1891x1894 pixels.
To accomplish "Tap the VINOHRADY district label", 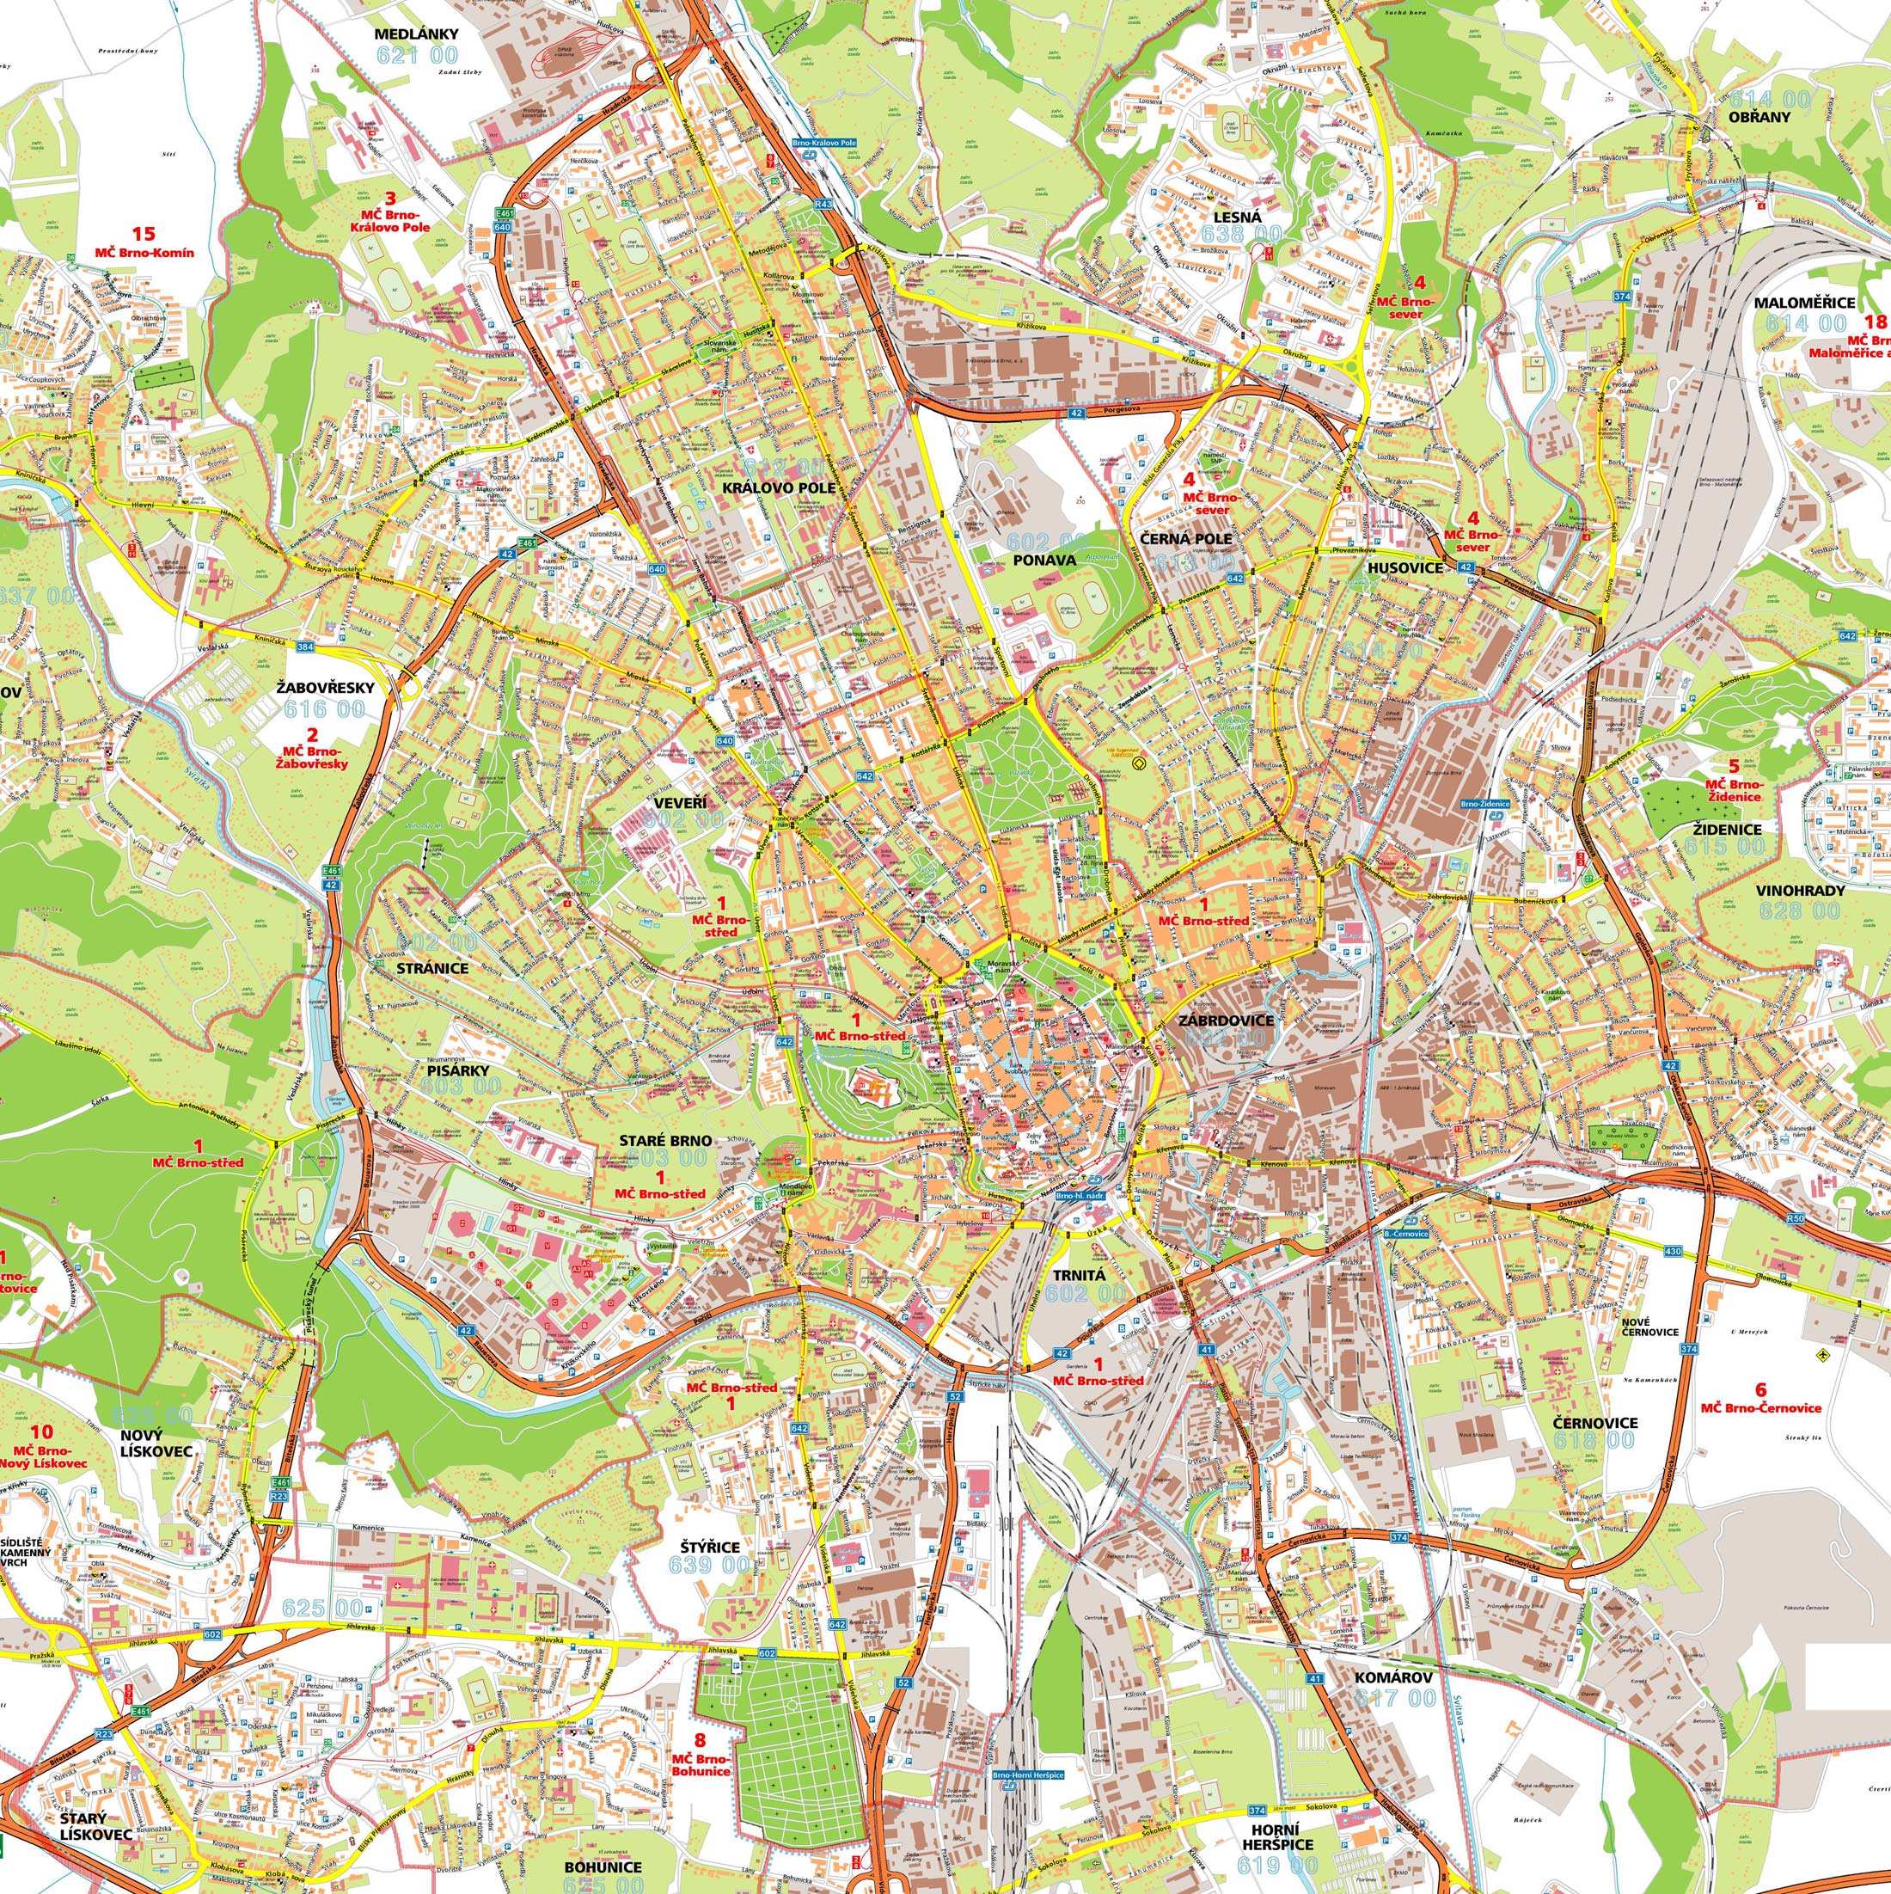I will coord(1802,892).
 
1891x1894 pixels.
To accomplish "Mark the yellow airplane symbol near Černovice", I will coord(1822,1356).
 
